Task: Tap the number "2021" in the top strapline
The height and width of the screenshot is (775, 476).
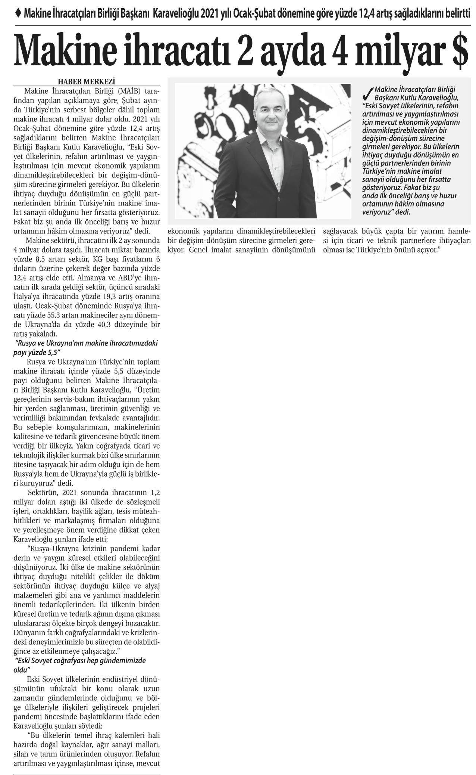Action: click(211, 14)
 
